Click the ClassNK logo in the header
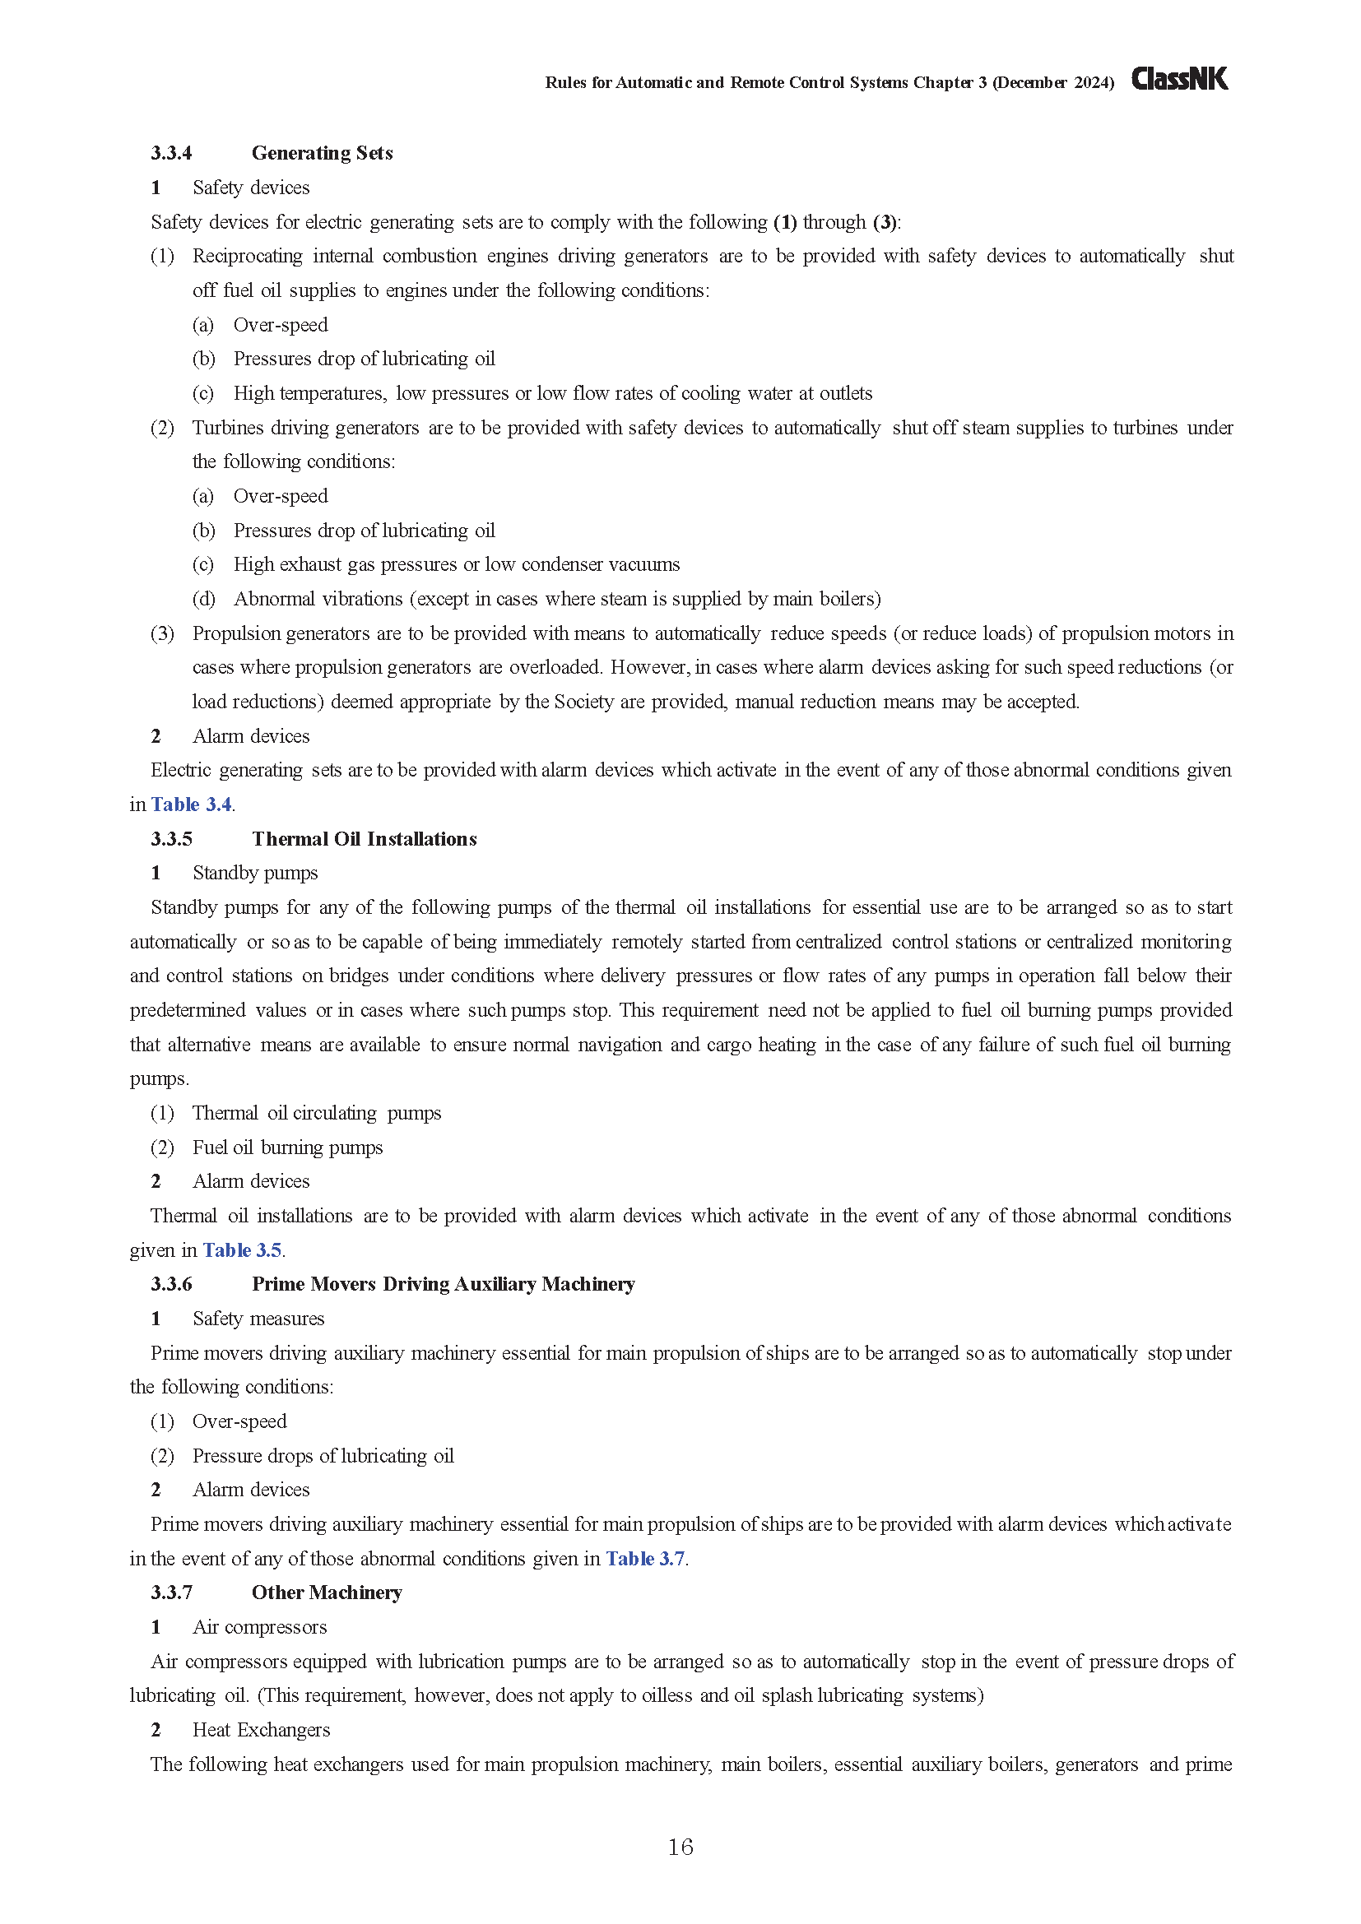tap(1179, 80)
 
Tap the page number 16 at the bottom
tap(680, 1846)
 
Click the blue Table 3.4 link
tap(191, 804)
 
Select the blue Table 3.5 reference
tap(241, 1250)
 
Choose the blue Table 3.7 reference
tap(645, 1559)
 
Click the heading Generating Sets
tap(322, 153)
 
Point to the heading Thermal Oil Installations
tap(364, 839)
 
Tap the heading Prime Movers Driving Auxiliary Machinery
tap(443, 1285)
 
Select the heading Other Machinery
tap(326, 1593)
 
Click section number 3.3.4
tap(171, 153)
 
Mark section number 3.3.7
tap(171, 1593)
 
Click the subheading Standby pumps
tap(255, 874)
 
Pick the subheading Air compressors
tap(259, 1627)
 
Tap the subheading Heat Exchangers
tap(261, 1731)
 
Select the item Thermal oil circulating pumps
tap(316, 1113)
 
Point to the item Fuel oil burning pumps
tap(286, 1147)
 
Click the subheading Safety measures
tap(258, 1319)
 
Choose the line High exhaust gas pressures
tap(456, 565)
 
